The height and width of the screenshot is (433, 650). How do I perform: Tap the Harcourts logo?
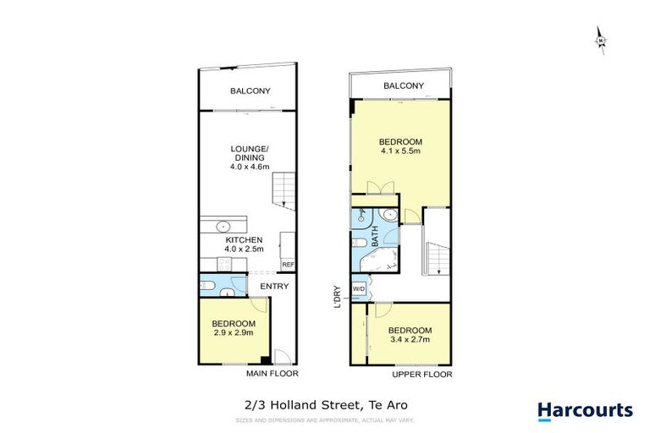tap(585, 411)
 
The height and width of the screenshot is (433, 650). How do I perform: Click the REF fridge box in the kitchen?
tap(288, 265)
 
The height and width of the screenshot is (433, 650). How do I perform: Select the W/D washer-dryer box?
tap(358, 289)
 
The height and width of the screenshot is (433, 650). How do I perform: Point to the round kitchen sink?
tap(224, 226)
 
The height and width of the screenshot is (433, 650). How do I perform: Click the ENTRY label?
tap(274, 286)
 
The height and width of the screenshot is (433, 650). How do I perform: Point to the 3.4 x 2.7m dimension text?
tap(410, 340)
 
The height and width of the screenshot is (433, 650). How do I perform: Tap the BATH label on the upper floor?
tap(374, 235)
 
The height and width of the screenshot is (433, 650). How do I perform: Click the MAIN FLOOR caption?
tap(272, 373)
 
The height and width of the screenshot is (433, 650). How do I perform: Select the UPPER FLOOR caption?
tap(422, 374)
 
